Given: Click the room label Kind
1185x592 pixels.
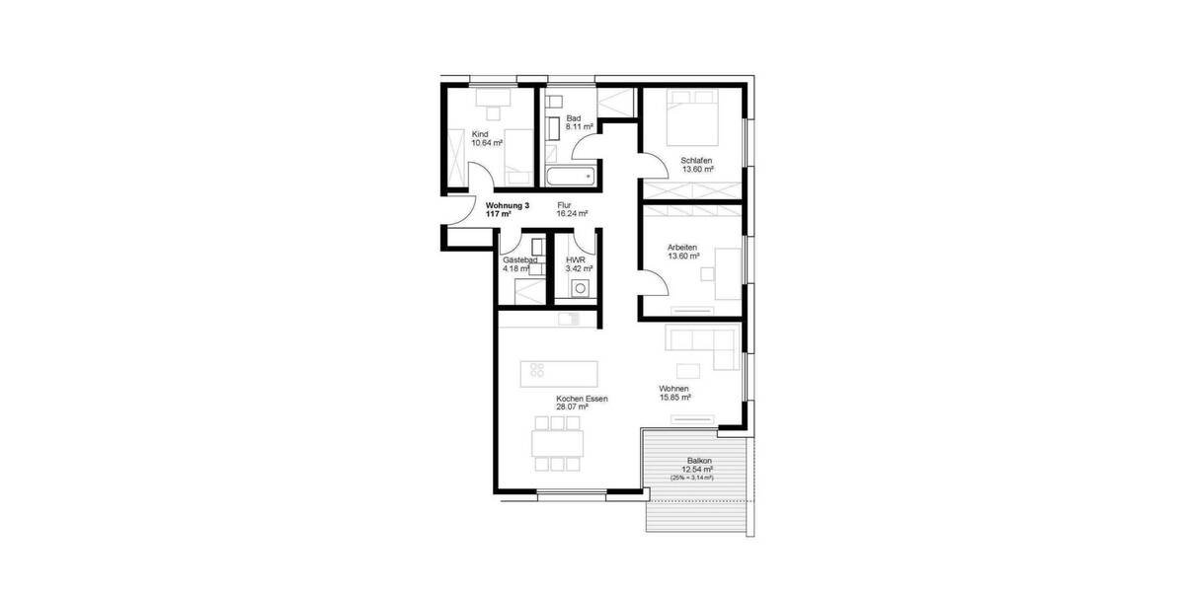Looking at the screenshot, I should (x=480, y=134).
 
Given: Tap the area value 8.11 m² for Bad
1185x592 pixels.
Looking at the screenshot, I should (x=579, y=127).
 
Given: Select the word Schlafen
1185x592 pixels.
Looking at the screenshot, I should (x=696, y=161).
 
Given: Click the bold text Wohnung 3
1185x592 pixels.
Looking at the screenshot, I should (x=508, y=205).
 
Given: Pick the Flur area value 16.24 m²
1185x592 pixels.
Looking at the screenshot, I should (x=572, y=213).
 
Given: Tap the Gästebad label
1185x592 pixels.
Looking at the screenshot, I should (x=518, y=259).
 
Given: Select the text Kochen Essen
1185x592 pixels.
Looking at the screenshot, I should (x=582, y=399).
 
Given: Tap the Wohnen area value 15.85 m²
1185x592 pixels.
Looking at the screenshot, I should (x=674, y=398).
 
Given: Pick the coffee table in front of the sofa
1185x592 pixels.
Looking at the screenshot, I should (x=688, y=370).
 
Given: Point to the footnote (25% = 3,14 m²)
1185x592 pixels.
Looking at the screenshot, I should (x=691, y=478).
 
